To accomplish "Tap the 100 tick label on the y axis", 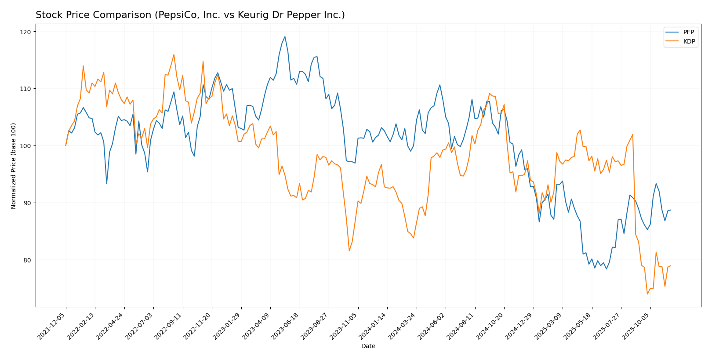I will click(x=25, y=145).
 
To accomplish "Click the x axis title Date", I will click(x=368, y=346).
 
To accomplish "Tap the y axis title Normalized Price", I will click(x=14, y=166).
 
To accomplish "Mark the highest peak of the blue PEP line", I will click(x=285, y=36).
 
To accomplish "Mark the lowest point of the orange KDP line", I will click(x=647, y=294).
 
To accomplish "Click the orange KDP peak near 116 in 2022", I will click(x=174, y=55).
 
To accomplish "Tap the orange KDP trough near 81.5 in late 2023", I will click(x=349, y=251).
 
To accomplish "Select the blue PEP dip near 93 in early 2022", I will click(x=106, y=183).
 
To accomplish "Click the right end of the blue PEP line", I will click(x=671, y=210).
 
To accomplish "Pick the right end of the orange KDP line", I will click(x=671, y=265).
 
